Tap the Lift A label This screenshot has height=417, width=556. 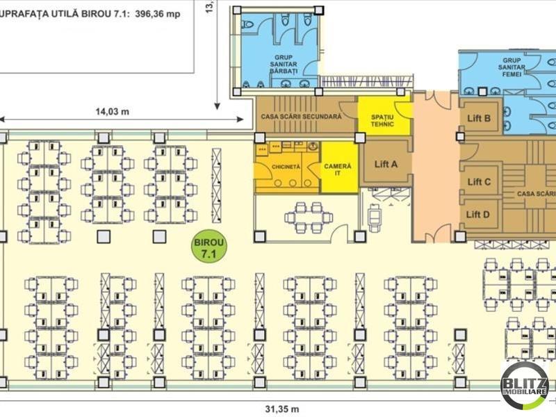(x=386, y=164)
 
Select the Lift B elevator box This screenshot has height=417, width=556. (x=479, y=118)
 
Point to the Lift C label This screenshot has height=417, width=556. (x=479, y=182)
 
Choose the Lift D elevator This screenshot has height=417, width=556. (x=479, y=214)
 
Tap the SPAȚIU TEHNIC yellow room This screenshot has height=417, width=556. (x=383, y=120)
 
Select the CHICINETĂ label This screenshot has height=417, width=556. (x=286, y=167)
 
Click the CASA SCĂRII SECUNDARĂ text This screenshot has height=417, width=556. (x=300, y=117)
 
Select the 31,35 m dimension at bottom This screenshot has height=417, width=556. (x=281, y=408)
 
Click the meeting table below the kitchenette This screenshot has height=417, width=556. (x=307, y=217)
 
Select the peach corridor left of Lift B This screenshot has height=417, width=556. (x=435, y=174)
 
